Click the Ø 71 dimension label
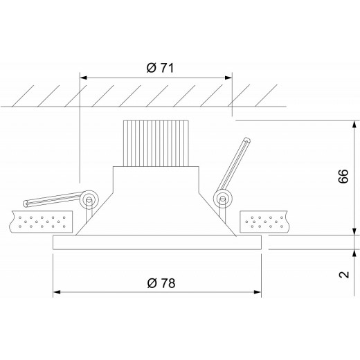(159, 67)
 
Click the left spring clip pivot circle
(88, 200)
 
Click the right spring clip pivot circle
(222, 200)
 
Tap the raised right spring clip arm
(235, 167)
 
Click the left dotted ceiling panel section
(42, 222)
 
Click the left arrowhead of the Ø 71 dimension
(85, 78)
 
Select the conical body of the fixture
(157, 208)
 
